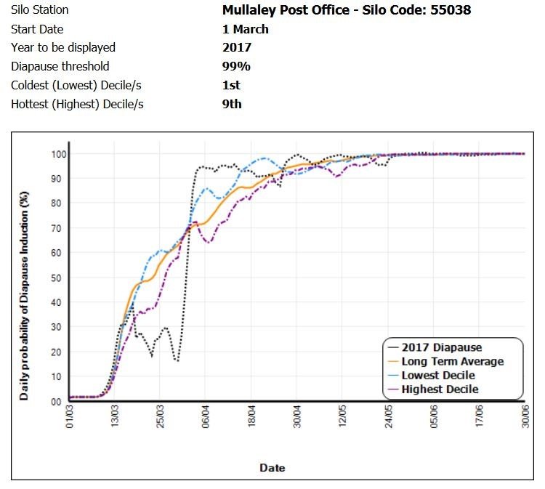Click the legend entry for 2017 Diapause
click(442, 347)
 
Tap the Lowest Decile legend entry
click(438, 375)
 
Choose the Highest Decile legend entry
click(440, 389)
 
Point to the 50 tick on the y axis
click(56, 278)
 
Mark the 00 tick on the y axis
click(56, 402)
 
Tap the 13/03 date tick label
click(115, 419)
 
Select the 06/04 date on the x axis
click(206, 419)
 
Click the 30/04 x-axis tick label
click(297, 419)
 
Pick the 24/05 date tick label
click(389, 419)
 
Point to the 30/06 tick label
click(525, 419)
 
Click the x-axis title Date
click(272, 468)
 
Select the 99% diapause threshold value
click(236, 66)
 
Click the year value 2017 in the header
click(237, 47)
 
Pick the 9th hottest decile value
click(232, 104)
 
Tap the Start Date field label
click(37, 29)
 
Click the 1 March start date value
click(246, 29)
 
